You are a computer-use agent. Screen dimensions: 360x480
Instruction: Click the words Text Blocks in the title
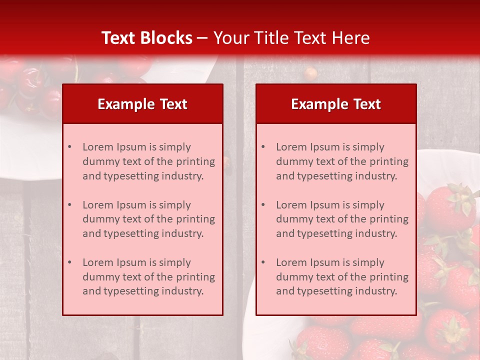click(146, 38)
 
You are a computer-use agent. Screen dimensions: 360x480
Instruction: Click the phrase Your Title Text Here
click(291, 38)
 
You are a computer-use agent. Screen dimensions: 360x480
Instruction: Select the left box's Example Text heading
click(142, 104)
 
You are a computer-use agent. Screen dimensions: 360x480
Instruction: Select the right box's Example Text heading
click(336, 104)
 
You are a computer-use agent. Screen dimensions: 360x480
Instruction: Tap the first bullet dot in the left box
click(69, 147)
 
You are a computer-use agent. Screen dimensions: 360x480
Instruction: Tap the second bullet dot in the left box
click(69, 205)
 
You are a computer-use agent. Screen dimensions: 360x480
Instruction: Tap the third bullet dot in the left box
click(69, 262)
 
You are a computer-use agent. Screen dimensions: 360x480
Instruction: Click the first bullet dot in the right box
click(263, 147)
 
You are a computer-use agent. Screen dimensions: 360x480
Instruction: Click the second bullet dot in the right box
click(263, 205)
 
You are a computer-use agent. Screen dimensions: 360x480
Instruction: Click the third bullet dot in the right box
click(263, 262)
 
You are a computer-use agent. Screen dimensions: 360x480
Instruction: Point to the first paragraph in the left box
click(148, 161)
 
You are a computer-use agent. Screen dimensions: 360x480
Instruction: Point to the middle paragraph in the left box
click(148, 219)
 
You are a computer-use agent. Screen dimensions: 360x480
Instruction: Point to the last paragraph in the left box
click(148, 277)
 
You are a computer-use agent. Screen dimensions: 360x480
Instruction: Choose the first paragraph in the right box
click(342, 161)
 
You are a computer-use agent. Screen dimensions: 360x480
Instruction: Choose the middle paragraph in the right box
click(342, 219)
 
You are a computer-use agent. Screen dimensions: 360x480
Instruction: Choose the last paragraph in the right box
click(342, 277)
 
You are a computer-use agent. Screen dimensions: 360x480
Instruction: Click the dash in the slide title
click(202, 38)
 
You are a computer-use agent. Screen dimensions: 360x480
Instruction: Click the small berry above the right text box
click(310, 73)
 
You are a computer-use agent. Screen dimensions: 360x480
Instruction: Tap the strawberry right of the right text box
click(448, 207)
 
